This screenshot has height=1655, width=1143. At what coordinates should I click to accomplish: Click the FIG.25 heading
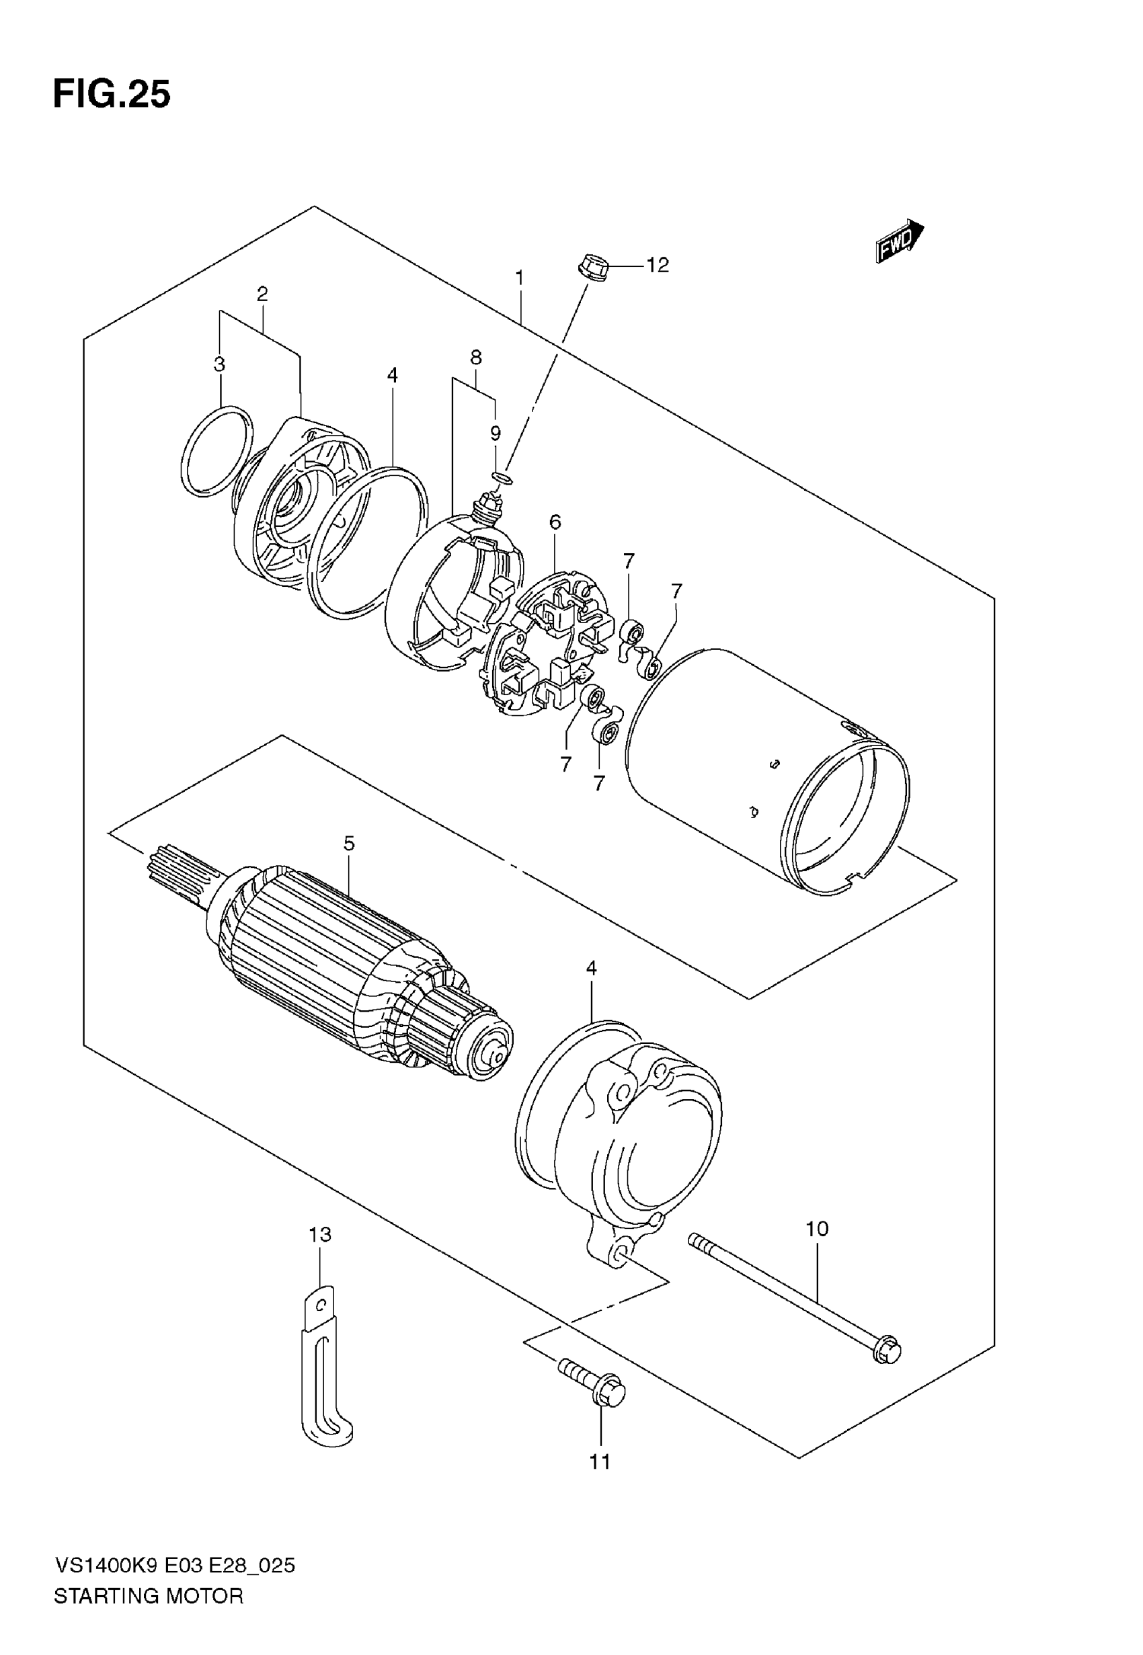[x=112, y=95]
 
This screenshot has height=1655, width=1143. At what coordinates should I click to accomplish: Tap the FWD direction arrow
[x=900, y=241]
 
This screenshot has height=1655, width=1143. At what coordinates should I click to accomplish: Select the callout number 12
[x=657, y=266]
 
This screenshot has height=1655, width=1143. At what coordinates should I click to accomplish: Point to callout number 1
[x=520, y=277]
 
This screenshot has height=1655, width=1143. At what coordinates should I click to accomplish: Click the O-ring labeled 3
[x=217, y=451]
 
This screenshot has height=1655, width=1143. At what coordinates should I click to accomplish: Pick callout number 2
[x=262, y=294]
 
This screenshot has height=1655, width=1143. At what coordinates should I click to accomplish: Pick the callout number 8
[x=475, y=357]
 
